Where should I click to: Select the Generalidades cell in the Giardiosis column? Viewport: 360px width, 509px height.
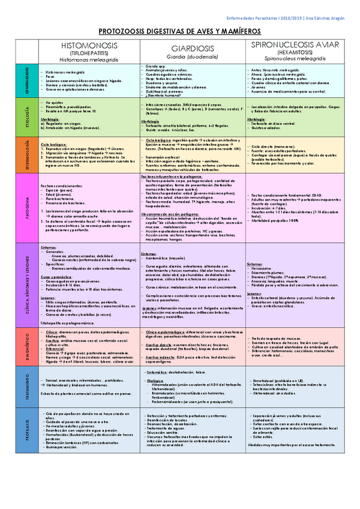click(x=193, y=81)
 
